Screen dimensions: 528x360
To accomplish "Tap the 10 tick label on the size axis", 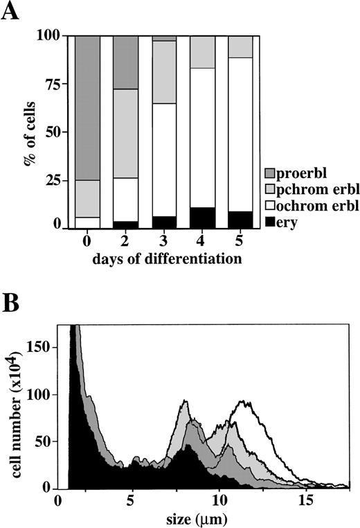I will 219,500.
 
